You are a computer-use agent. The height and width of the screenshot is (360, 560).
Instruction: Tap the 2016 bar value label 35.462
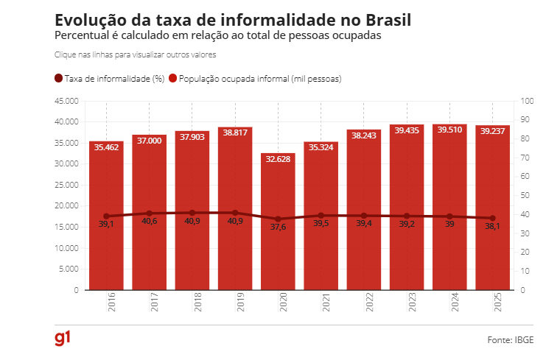pyautogui.click(x=106, y=147)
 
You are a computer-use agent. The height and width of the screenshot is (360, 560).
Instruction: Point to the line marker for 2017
pyautogui.click(x=149, y=213)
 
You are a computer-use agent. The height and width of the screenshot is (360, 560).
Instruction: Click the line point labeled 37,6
pyautogui.click(x=278, y=219)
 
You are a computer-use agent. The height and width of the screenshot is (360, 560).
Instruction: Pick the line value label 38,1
pyautogui.click(x=492, y=227)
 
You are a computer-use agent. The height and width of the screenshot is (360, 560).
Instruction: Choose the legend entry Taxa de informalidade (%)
pyautogui.click(x=109, y=78)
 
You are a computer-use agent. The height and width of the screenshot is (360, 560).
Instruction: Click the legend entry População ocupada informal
pyautogui.click(x=255, y=78)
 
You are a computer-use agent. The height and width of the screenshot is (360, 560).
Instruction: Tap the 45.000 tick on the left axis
pyautogui.click(x=66, y=101)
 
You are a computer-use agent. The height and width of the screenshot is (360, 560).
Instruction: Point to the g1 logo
pyautogui.click(x=63, y=339)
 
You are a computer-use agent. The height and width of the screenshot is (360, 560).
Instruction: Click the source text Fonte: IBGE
pyautogui.click(x=512, y=340)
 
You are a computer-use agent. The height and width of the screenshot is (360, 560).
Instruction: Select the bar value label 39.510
pyautogui.click(x=449, y=130)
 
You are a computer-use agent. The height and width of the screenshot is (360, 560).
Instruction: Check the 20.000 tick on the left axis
pyautogui.click(x=66, y=206)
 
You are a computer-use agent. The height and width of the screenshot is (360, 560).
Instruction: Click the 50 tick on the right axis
pyautogui.click(x=525, y=195)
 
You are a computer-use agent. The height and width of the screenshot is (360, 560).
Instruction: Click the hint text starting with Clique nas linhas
pyautogui.click(x=135, y=54)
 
